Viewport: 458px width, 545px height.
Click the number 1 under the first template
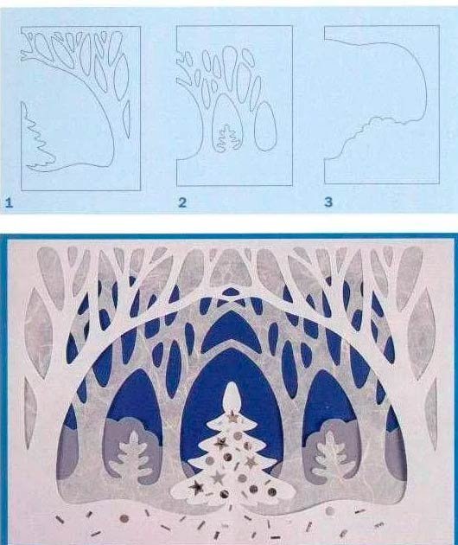click(9, 202)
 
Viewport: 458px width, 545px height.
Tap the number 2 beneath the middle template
click(182, 202)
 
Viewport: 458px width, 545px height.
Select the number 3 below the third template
click(328, 202)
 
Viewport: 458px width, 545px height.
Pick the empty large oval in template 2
click(265, 126)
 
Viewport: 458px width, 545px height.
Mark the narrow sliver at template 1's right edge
click(126, 115)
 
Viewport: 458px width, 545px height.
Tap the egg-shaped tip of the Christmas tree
click(231, 396)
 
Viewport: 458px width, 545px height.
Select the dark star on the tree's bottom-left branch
click(194, 487)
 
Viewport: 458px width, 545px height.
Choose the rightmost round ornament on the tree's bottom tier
click(272, 491)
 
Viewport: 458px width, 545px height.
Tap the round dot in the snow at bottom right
click(330, 511)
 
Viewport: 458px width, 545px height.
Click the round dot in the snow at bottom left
click(124, 519)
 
